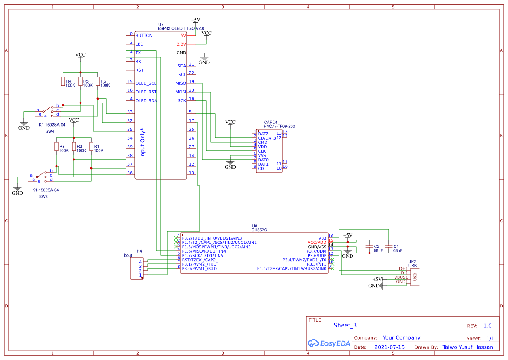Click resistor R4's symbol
pyautogui.click(x=63, y=81)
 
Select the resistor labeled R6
pyautogui.click(x=98, y=81)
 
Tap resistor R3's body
pyautogui.click(x=56, y=147)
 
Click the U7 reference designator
pyautogui.click(x=161, y=24)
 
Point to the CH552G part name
pyautogui.click(x=259, y=230)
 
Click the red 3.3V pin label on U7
pyautogui.click(x=181, y=44)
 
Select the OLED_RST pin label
pyautogui.click(x=146, y=92)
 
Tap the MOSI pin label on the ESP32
pyautogui.click(x=180, y=92)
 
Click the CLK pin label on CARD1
pyautogui.click(x=262, y=151)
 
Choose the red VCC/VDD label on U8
pyautogui.click(x=316, y=243)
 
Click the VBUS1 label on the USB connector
pyautogui.click(x=401, y=277)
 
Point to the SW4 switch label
pyautogui.click(x=50, y=131)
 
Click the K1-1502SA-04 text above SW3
pyautogui.click(x=45, y=190)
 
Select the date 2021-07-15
pyautogui.click(x=389, y=347)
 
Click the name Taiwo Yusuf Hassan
pyautogui.click(x=468, y=347)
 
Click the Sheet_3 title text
pyautogui.click(x=345, y=325)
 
